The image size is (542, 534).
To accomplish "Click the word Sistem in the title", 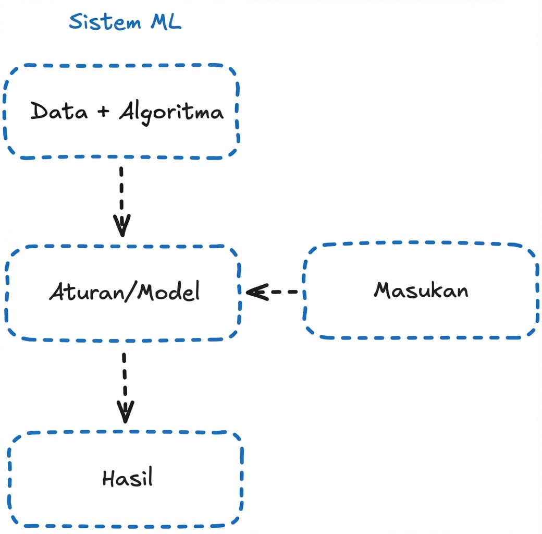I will pos(105,22).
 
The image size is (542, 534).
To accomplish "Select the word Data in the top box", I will pos(59,111).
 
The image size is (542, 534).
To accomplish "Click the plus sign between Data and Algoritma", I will pos(104,112).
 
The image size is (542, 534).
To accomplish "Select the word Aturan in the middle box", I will pos(84,292).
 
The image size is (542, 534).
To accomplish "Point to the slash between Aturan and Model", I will pos(129,292).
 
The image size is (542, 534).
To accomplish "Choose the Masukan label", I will pos(421,290).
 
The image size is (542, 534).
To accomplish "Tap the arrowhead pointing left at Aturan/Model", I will pos(256,292).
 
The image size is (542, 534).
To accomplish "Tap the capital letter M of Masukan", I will pos(383,290).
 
